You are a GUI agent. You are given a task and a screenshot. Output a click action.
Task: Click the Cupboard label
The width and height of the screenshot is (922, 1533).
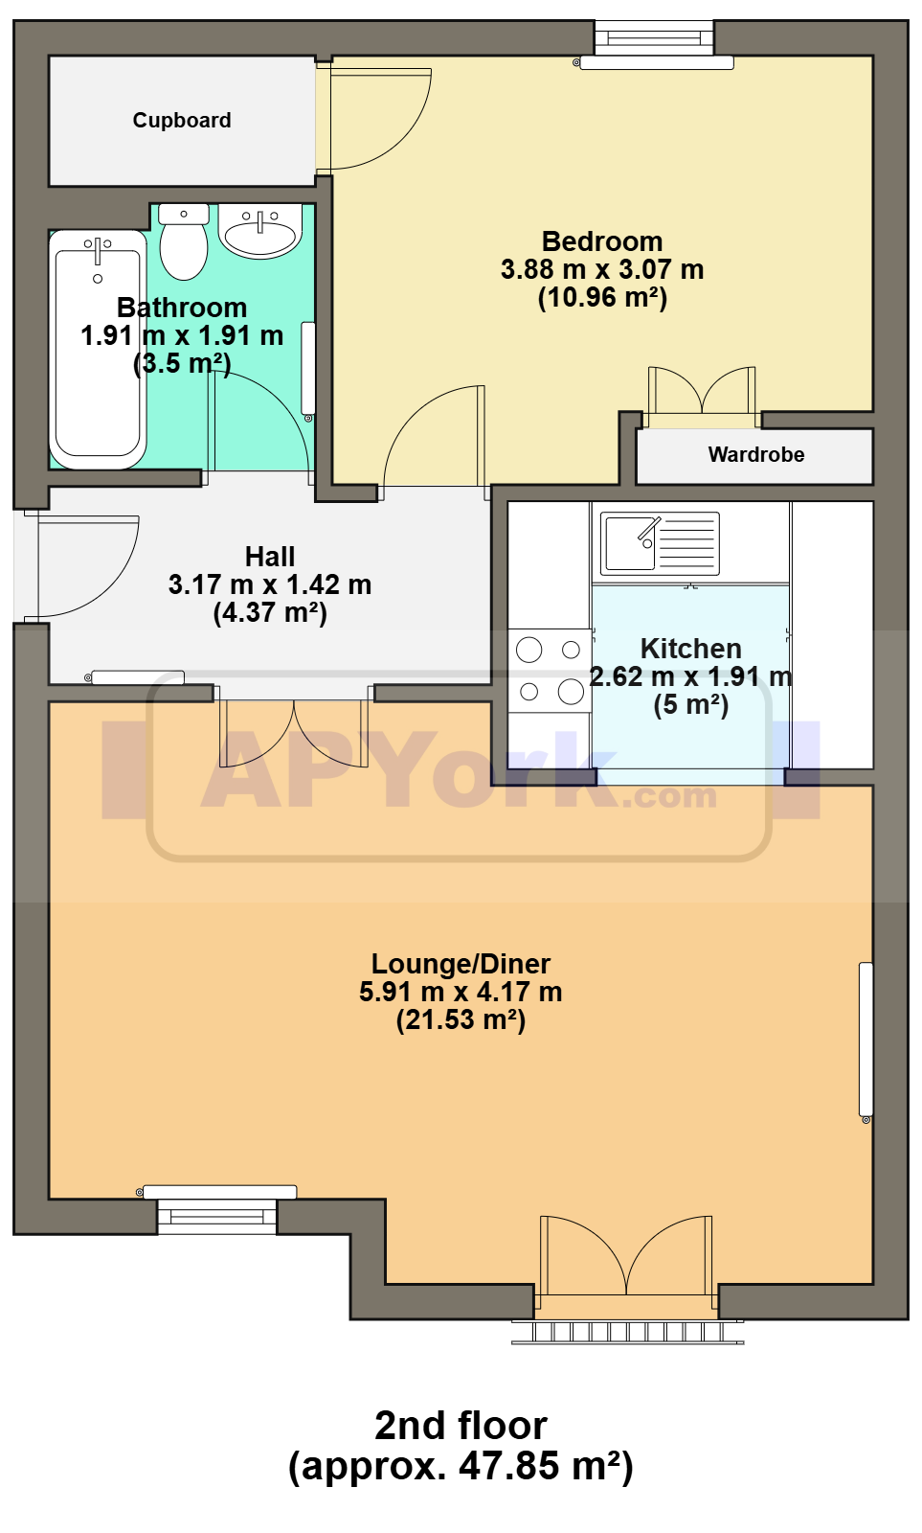[182, 121]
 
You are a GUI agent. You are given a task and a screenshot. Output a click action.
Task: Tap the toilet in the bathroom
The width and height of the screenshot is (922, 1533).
[183, 240]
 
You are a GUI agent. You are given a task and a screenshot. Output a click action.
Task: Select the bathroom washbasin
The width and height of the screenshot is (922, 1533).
[259, 231]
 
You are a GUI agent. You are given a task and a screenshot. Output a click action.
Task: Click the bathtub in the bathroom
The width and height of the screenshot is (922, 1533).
[98, 350]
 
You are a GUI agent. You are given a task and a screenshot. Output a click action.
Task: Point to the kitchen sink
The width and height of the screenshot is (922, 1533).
[660, 543]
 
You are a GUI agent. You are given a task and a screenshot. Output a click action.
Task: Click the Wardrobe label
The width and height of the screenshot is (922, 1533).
[755, 454]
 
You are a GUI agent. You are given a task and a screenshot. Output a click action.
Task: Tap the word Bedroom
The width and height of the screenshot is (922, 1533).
[602, 241]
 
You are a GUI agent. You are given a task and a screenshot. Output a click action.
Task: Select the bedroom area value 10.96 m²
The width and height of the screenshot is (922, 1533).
[602, 297]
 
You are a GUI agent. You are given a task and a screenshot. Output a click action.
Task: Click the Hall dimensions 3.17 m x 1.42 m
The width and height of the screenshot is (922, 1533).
[269, 584]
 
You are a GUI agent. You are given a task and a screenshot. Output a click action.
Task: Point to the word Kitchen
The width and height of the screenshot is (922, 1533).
[691, 648]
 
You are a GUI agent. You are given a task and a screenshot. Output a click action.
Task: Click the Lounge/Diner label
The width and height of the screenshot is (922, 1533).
[461, 964]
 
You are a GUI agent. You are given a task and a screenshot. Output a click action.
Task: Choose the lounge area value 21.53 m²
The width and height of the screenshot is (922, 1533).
[461, 1019]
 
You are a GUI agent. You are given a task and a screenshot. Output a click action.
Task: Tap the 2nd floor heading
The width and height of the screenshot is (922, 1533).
[461, 1426]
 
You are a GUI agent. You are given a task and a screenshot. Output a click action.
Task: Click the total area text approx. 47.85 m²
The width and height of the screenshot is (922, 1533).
[461, 1466]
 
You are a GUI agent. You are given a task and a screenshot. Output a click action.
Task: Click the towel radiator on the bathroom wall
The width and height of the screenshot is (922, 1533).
[308, 371]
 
